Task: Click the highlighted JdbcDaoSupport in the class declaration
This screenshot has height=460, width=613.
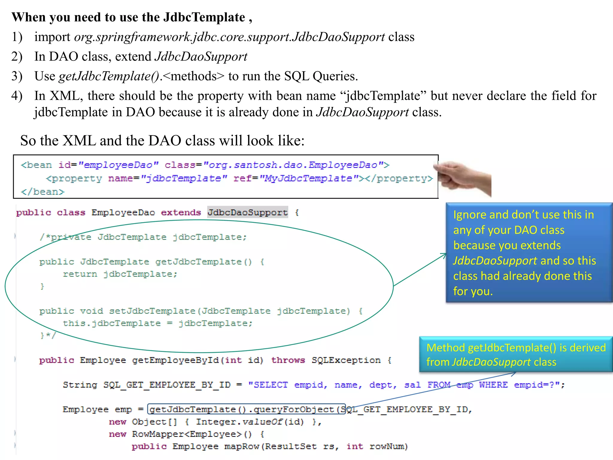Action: [248, 212]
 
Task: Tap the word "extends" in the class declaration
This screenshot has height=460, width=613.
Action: [181, 212]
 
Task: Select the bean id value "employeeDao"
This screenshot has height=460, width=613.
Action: [118, 165]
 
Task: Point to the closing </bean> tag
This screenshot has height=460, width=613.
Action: [43, 192]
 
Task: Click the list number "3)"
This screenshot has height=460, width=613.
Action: [17, 76]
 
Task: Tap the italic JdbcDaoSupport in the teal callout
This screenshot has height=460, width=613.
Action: [491, 362]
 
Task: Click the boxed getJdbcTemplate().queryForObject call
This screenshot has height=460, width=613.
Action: [246, 409]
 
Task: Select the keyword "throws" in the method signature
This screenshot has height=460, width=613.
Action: [288, 360]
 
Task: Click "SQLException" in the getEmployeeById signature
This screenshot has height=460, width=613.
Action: [346, 360]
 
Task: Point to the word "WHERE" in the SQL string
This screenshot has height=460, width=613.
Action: [493, 385]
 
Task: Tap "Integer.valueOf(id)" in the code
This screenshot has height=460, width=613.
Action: [250, 422]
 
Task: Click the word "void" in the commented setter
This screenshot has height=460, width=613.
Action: [91, 311]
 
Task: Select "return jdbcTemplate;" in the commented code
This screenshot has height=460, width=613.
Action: [120, 274]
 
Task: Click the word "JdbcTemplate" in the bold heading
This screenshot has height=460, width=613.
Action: [204, 17]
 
